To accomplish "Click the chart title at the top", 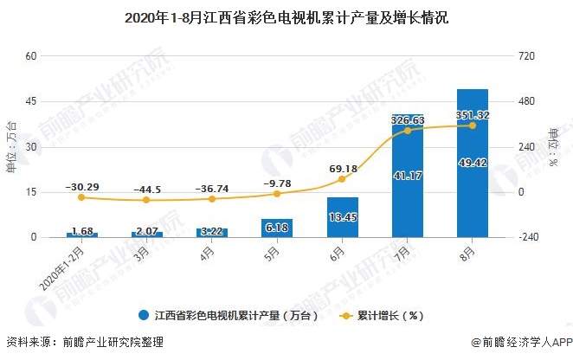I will coord(286,16).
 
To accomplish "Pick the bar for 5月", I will coord(277,228).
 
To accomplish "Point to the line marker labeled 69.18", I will coord(342,179).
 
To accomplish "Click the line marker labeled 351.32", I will coord(473,125).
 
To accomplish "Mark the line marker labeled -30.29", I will coord(82,198).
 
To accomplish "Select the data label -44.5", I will coord(147,190).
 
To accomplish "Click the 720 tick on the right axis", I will coord(526,56).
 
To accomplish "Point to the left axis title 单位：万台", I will coord(11,146).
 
